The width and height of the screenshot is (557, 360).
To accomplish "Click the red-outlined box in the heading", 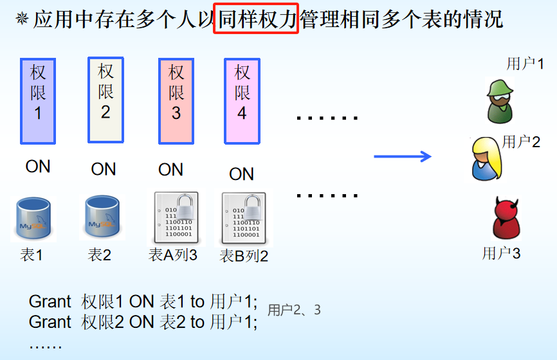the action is pos(256,20).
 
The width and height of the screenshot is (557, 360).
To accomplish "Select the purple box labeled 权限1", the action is pos(38,101).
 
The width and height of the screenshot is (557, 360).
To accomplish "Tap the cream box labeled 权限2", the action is pos(105,100).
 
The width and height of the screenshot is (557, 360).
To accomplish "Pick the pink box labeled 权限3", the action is pos(176,101).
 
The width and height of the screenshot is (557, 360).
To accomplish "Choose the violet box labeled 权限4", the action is pos(242,101).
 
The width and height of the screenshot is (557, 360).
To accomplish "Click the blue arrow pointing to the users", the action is pos(403,156).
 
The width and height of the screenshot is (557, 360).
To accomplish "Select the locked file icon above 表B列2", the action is pos(244,219).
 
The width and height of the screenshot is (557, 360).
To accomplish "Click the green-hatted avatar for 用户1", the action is pos(500,101).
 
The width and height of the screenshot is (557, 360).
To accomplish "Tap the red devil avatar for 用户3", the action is pos(506,219).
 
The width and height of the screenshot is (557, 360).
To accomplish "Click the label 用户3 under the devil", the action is pos(501,253).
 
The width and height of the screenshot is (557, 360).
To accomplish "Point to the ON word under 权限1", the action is pos(38,166).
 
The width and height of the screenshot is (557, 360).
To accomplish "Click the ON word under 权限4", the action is pos(242,174).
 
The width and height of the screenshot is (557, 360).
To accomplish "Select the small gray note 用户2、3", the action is pos(294,310).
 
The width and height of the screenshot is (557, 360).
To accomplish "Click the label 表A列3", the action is pos(173,255).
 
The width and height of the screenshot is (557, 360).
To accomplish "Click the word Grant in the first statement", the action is pos(50,301).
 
